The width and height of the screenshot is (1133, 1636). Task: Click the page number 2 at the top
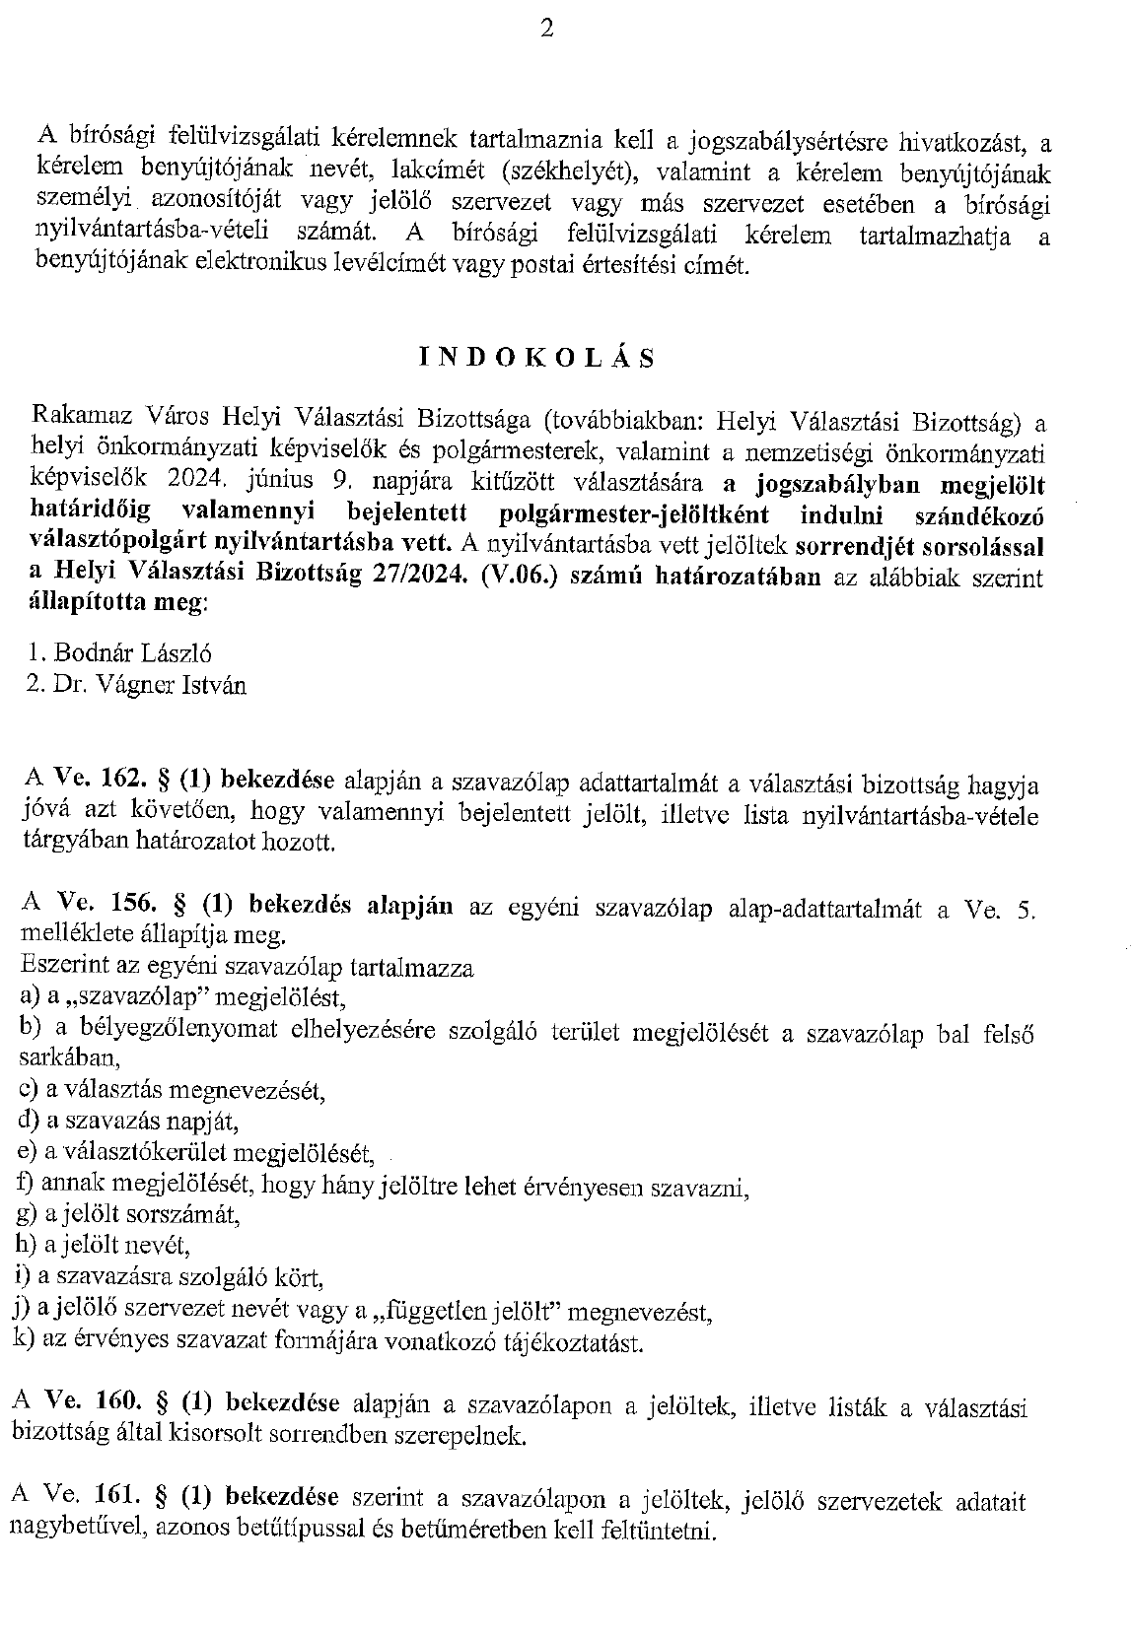click(x=547, y=30)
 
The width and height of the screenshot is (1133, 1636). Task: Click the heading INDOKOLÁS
click(x=536, y=357)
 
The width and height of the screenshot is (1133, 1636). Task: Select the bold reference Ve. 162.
click(x=103, y=781)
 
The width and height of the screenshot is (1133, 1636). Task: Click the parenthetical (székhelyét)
click(x=564, y=172)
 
